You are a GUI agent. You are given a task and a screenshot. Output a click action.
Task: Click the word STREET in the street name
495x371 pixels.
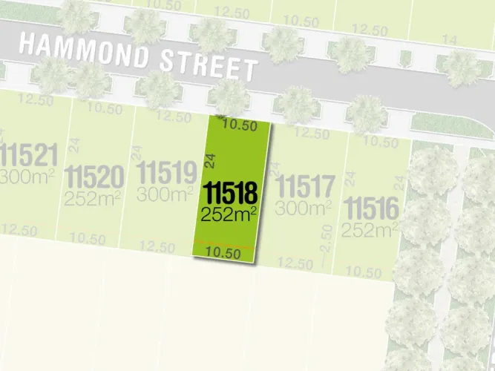[210, 65]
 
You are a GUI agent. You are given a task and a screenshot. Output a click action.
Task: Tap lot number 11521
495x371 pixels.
[28, 157]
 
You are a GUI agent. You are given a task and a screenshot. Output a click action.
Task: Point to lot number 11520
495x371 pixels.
[94, 178]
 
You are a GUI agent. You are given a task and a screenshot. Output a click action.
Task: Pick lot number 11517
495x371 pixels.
[305, 183]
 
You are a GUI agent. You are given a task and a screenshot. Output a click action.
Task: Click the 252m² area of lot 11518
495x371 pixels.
[229, 215]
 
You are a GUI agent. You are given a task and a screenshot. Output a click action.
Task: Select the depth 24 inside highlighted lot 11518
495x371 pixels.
[210, 159]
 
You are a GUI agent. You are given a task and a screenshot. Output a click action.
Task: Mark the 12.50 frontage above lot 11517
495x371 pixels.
[312, 134]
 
